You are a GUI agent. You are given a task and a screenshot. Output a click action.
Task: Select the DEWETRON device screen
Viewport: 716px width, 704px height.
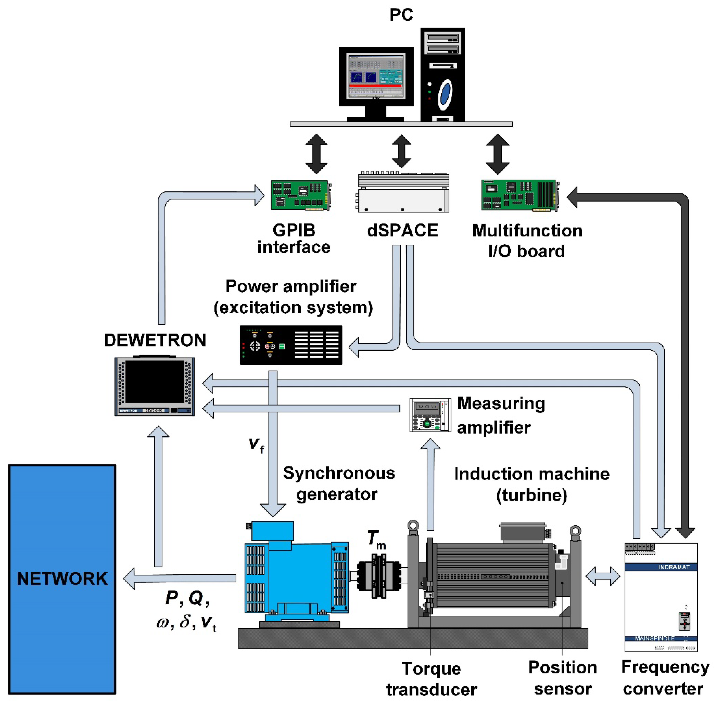[x=154, y=381]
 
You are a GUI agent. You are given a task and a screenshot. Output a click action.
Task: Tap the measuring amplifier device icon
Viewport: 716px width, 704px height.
[x=430, y=414]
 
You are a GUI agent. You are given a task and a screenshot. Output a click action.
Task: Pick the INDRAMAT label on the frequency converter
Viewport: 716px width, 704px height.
[x=673, y=567]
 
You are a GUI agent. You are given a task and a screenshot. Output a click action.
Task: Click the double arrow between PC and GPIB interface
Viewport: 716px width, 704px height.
[x=316, y=154]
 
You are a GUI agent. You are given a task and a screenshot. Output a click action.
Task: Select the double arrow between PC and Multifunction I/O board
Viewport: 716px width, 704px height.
[x=497, y=154]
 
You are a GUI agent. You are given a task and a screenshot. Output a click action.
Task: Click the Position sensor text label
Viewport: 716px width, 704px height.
[x=563, y=678]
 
